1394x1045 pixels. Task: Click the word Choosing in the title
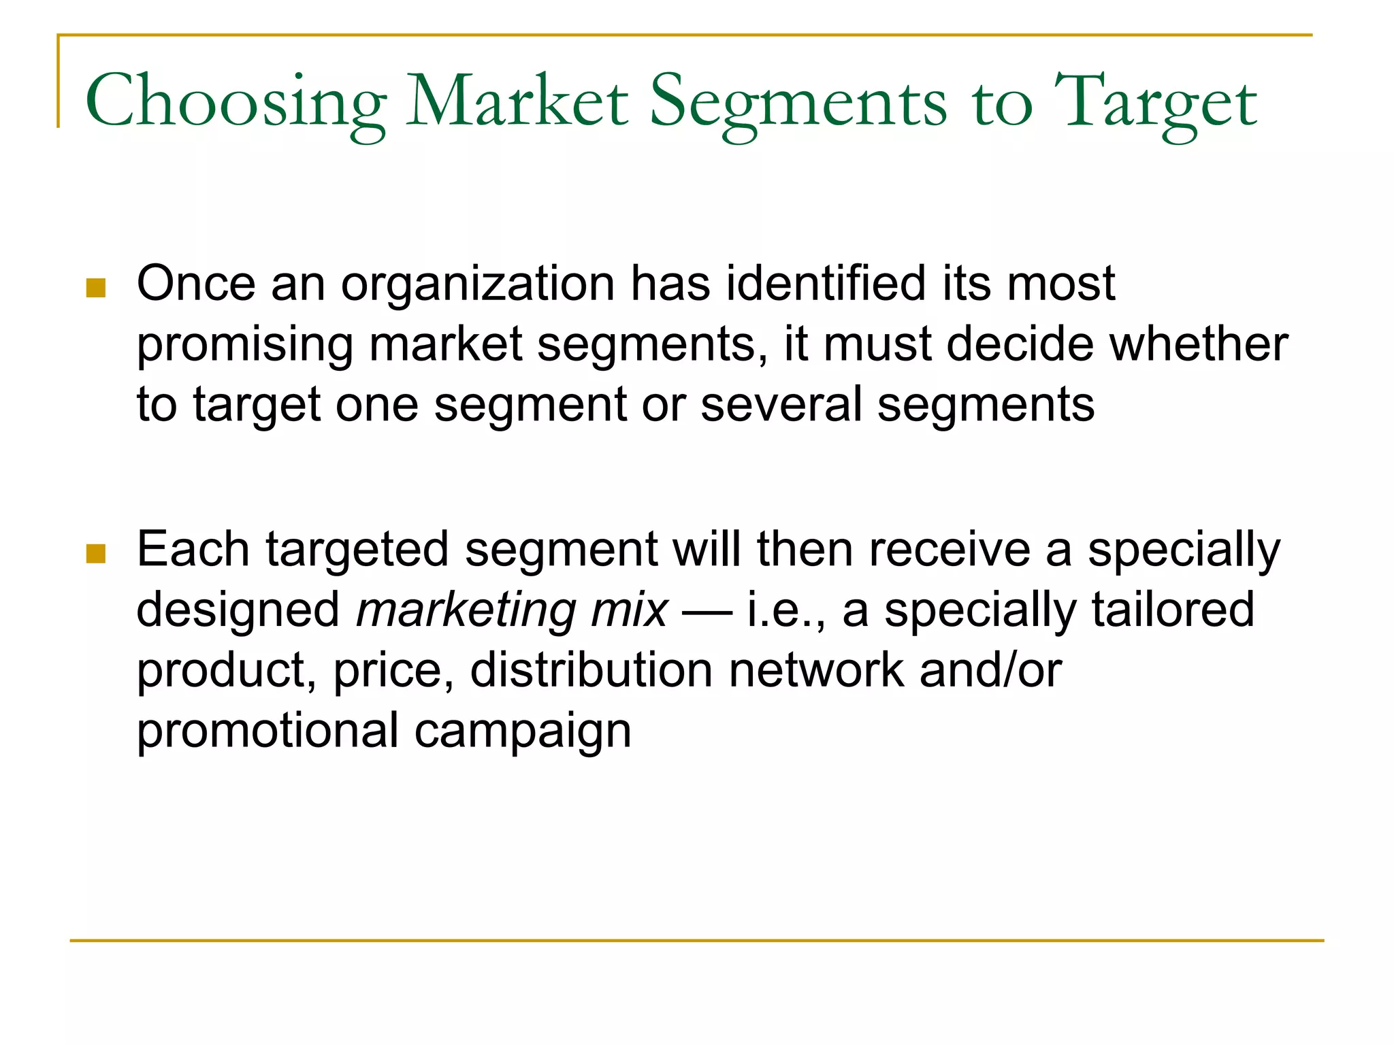coord(235,102)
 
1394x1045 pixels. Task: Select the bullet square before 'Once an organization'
coord(96,288)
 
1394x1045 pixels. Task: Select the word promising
coord(244,345)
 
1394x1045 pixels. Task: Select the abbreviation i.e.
coord(784,610)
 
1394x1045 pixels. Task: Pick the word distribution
coord(591,670)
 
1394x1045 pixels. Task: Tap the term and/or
coord(990,670)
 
